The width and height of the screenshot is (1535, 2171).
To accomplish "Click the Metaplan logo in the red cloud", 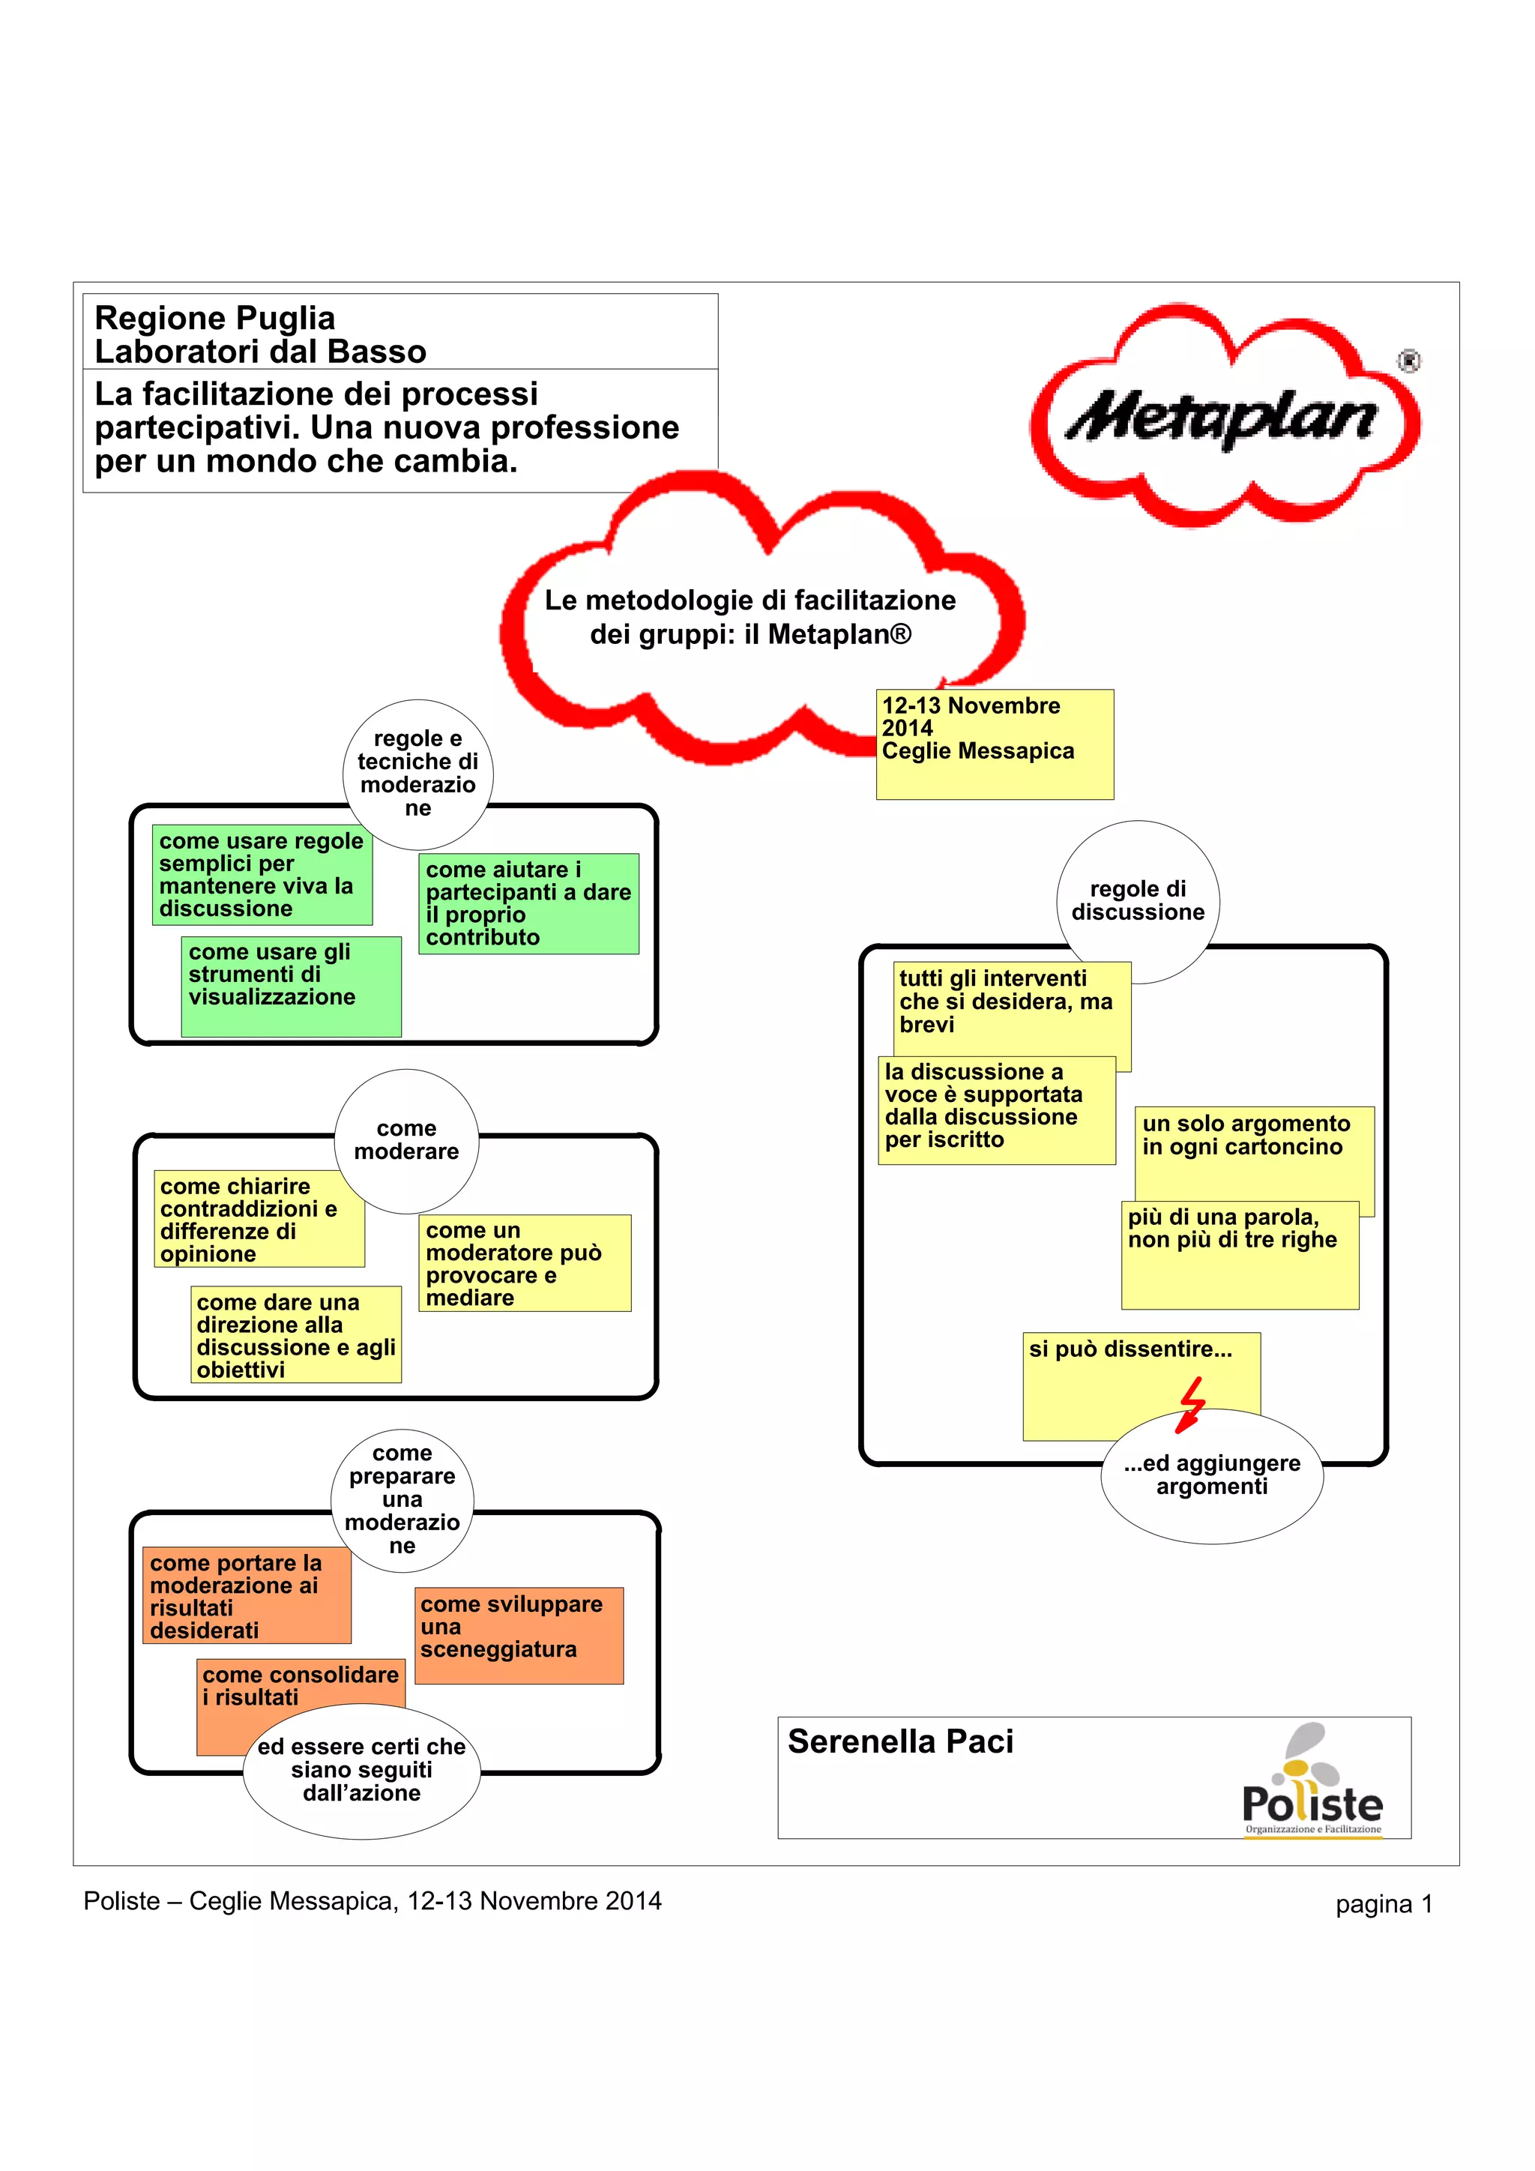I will pyautogui.click(x=1225, y=416).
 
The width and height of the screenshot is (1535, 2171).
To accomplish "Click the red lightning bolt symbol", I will pyautogui.click(x=1192, y=1404).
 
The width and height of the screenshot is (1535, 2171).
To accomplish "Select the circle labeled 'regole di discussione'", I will pyautogui.click(x=1137, y=900).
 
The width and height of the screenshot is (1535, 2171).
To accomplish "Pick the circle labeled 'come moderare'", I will pyautogui.click(x=406, y=1140).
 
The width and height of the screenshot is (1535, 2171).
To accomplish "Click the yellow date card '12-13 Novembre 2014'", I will pyautogui.click(x=995, y=744).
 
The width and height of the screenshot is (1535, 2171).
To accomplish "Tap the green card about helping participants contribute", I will pyautogui.click(x=528, y=903).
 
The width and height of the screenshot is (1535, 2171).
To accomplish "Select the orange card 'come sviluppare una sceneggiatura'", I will pyautogui.click(x=519, y=1635).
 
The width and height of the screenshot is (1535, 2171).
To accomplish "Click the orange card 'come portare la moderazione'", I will pyautogui.click(x=247, y=1595).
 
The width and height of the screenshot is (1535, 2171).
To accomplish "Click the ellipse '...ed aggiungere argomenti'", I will pyautogui.click(x=1212, y=1475).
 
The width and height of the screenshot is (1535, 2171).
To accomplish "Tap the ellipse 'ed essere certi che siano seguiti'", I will pyautogui.click(x=362, y=1769).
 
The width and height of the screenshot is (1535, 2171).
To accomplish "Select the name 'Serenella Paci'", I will pyautogui.click(x=900, y=1741).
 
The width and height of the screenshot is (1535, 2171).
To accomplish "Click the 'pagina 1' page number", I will pyautogui.click(x=1384, y=1903).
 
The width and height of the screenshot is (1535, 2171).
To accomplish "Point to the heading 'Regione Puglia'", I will pyautogui.click(x=216, y=318).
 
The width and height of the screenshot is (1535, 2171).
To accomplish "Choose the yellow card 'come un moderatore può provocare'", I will pyautogui.click(x=525, y=1262).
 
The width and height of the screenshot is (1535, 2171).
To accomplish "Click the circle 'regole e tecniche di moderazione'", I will pyautogui.click(x=417, y=774).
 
